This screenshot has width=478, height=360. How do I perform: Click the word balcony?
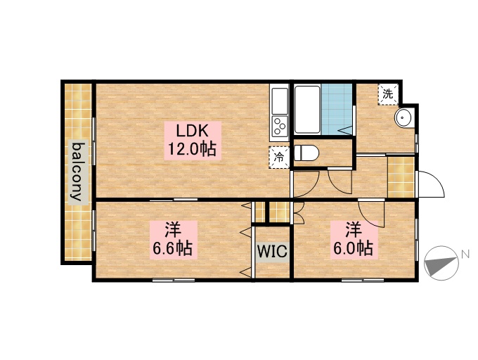pyautogui.click(x=78, y=172)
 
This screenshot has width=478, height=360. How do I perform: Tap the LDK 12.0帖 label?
pyautogui.click(x=191, y=139)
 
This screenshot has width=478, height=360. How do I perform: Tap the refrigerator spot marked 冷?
pyautogui.click(x=279, y=157)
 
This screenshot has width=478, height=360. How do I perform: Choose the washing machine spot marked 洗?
pyautogui.click(x=388, y=94)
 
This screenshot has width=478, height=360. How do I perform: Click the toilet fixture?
pyautogui.click(x=307, y=152)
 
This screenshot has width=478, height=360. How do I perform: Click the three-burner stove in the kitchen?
pyautogui.click(x=279, y=127)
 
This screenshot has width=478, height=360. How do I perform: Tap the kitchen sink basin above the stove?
pyautogui.click(x=279, y=101)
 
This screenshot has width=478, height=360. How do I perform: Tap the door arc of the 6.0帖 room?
pyautogui.click(x=371, y=213)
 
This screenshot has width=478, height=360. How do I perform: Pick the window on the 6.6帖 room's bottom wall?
pyautogui.click(x=173, y=280)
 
